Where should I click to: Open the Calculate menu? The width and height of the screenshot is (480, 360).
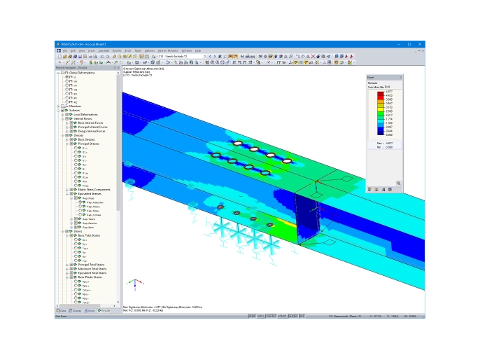104,50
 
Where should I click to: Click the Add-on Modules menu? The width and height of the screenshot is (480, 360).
167,50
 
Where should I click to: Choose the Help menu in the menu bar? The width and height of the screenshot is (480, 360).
198,50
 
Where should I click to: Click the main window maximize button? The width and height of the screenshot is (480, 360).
409,44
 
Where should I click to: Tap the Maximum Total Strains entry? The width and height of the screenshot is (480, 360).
92,268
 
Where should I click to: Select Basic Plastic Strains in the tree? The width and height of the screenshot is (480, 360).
90,277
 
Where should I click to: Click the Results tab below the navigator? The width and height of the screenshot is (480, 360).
104,310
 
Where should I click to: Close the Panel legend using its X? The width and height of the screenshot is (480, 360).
401,77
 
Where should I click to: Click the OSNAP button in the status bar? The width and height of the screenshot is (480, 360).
281,316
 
